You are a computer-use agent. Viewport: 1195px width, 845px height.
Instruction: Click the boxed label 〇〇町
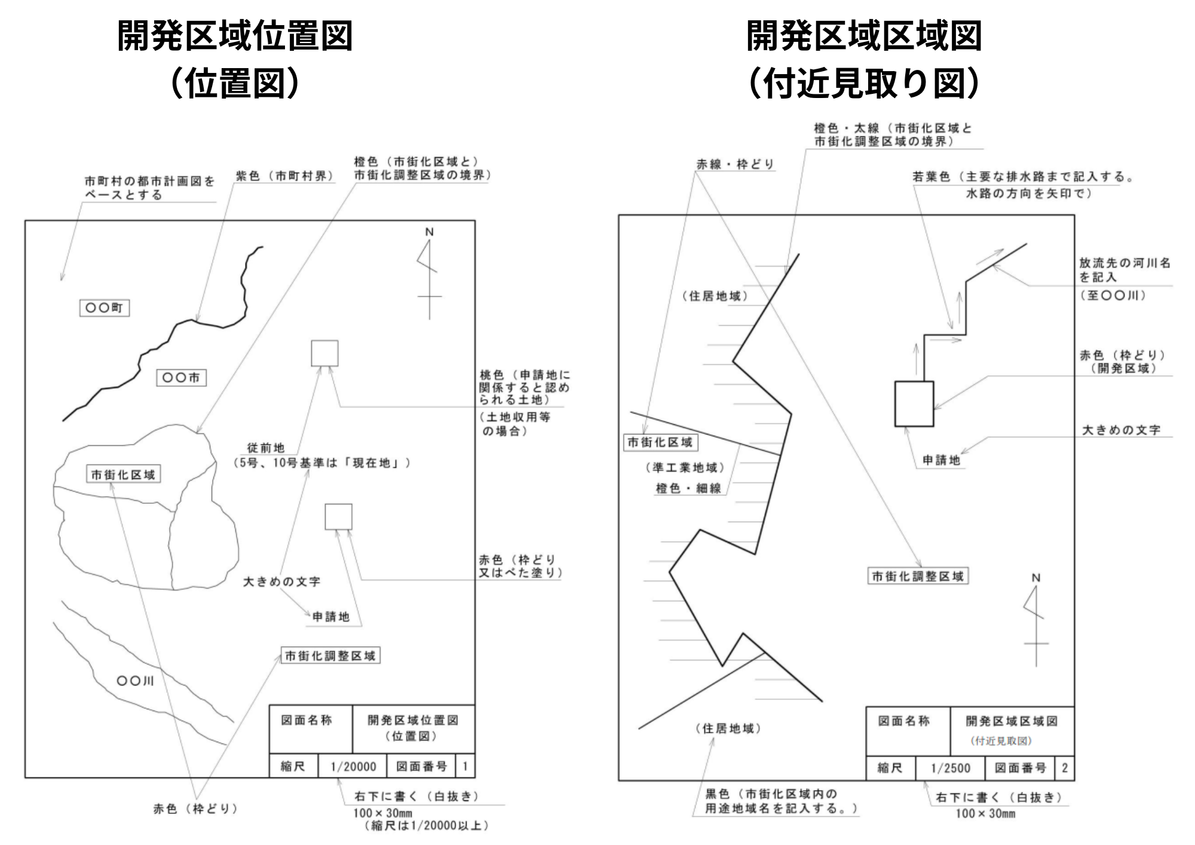[x=105, y=308]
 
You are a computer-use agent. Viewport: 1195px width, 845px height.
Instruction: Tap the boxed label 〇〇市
[x=182, y=378]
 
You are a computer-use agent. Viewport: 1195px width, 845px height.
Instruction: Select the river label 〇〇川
[x=135, y=681]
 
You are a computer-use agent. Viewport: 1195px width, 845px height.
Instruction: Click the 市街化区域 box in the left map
[x=123, y=474]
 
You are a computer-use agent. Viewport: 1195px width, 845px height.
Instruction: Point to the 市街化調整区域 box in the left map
[x=330, y=656]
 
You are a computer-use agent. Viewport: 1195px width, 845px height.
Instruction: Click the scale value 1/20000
[x=353, y=766]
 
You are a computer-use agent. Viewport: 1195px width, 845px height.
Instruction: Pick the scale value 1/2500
[x=951, y=768]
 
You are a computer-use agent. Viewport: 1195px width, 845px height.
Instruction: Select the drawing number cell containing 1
[x=465, y=766]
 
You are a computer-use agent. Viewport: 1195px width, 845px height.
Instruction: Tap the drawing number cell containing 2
[x=1064, y=768]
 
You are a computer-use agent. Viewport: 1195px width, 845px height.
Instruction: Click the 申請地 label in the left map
[x=331, y=617]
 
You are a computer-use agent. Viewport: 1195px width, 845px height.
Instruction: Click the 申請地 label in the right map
[x=941, y=460]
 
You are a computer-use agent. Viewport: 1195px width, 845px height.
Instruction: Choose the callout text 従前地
[x=266, y=448]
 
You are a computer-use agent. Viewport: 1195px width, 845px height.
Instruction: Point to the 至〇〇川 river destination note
[x=1113, y=295]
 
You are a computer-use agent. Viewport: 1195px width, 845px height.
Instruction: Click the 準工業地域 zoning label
[x=685, y=468]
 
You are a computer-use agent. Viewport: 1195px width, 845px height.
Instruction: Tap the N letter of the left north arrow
[x=429, y=232]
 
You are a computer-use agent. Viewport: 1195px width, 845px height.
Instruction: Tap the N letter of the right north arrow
[x=1036, y=578]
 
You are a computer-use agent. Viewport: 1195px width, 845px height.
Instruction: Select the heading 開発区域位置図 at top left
[x=235, y=36]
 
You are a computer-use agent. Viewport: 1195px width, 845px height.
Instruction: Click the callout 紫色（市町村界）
[x=284, y=176]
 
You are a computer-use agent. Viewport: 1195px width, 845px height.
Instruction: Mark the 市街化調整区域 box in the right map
[x=918, y=576]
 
